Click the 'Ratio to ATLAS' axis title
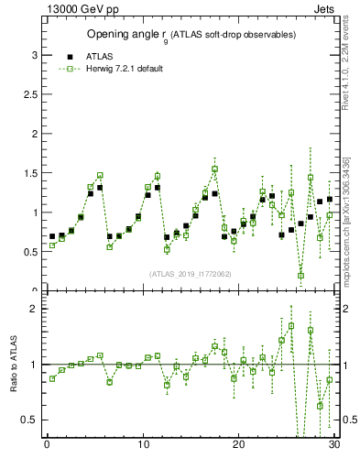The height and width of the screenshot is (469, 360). coord(14,366)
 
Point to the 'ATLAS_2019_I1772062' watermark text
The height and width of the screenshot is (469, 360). coord(191,273)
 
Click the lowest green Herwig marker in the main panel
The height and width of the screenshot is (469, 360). coord(300,275)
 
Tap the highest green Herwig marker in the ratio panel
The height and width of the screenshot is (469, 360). coord(291,325)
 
